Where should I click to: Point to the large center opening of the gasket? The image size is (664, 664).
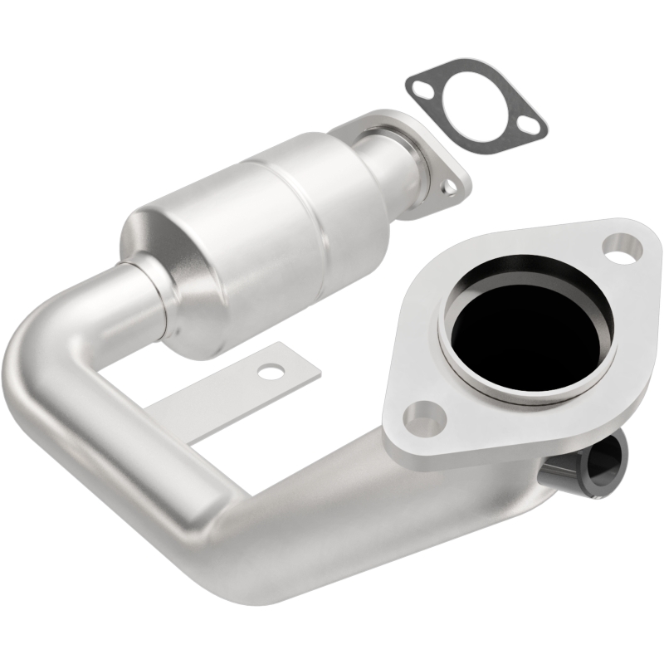pos(473,105)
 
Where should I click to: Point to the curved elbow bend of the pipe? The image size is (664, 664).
pos(50,373)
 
